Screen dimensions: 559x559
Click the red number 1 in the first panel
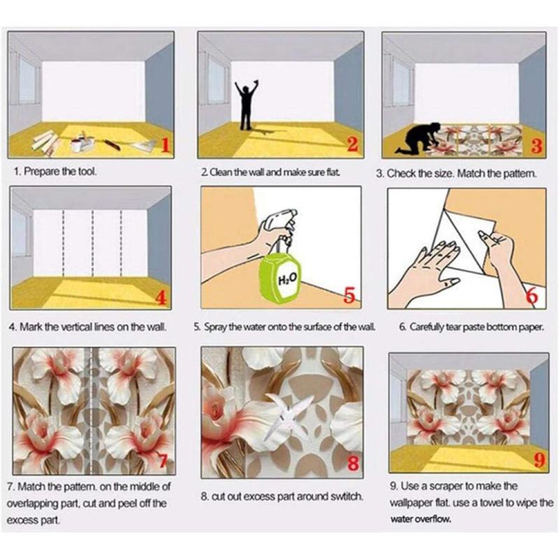164,145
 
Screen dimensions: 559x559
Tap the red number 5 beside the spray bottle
350,296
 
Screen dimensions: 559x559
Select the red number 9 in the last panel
539,460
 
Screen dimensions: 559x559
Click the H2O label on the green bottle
287,279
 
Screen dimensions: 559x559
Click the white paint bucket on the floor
76,145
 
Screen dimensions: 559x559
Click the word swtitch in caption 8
344,496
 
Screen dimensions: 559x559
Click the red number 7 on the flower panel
163,461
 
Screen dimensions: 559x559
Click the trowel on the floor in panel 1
143,146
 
